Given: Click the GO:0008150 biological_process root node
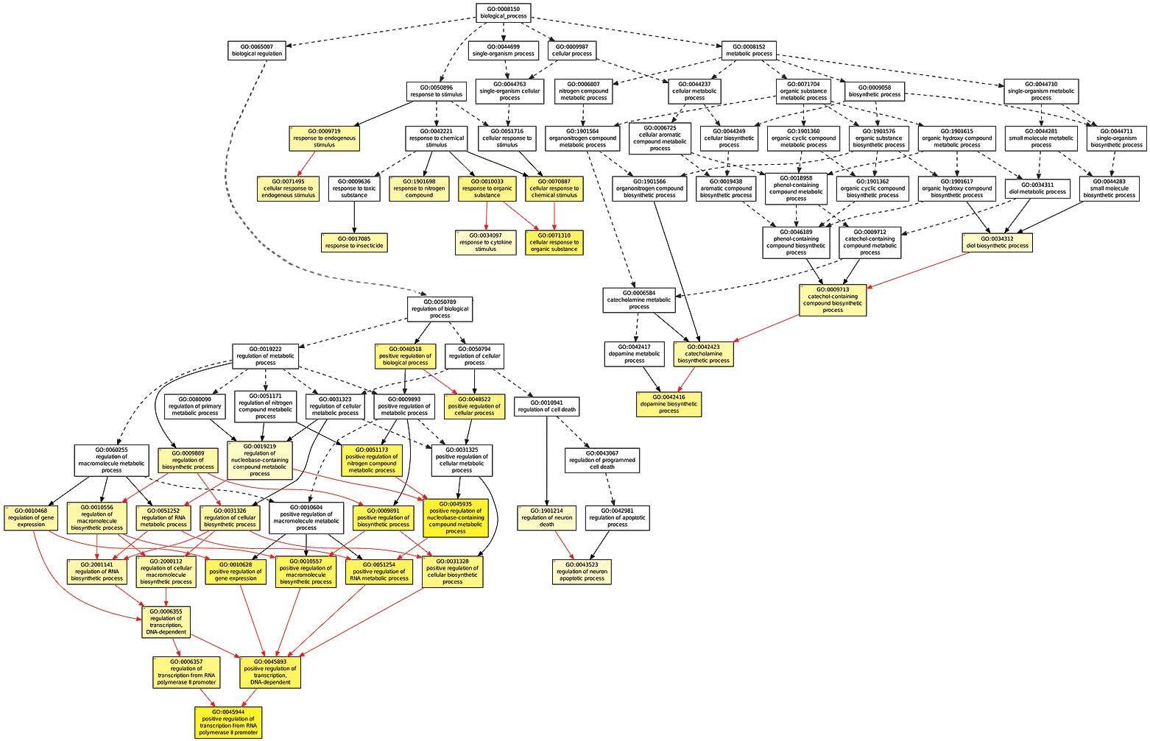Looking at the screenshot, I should click(503, 13).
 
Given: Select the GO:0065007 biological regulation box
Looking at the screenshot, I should click(257, 50).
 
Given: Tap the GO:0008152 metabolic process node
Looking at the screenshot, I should click(749, 50).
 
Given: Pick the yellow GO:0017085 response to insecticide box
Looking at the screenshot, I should click(354, 242).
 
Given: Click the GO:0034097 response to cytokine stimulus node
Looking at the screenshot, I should click(485, 242).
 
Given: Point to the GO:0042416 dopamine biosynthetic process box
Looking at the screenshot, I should click(669, 404).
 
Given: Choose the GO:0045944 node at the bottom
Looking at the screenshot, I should click(228, 723).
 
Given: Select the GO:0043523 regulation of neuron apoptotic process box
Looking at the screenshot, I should click(582, 572).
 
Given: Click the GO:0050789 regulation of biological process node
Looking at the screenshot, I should click(440, 309).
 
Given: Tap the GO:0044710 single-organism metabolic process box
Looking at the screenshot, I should click(1040, 91).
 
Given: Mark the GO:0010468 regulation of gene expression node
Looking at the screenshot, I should click(31, 517).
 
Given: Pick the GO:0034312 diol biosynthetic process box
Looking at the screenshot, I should click(997, 242).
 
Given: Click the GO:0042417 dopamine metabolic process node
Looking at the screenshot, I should click(634, 353).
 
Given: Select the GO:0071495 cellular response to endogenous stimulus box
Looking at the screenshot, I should click(289, 188).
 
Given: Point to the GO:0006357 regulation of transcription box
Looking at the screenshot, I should click(186, 672).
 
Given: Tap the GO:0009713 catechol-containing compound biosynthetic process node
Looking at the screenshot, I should click(832, 300).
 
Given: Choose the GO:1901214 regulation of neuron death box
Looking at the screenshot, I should click(546, 517).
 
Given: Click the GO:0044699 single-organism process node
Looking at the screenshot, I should click(503, 50).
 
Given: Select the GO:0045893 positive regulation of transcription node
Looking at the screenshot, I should click(270, 672).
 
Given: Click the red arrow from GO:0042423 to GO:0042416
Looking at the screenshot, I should click(685, 379).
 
